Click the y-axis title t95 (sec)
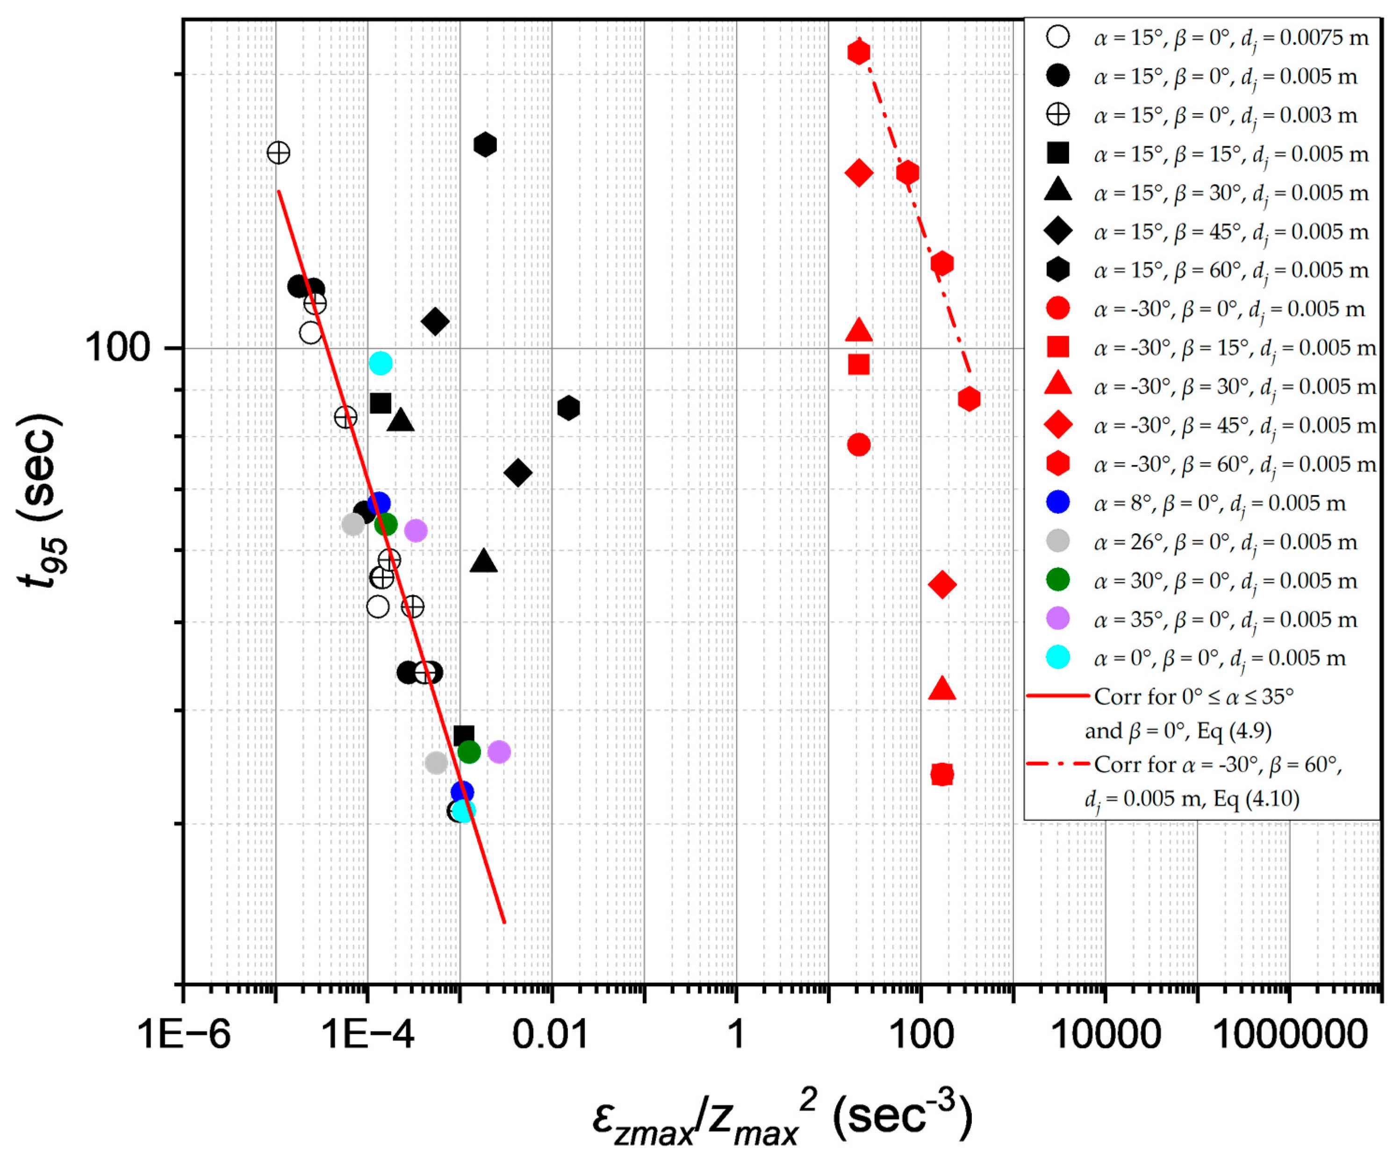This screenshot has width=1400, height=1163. (x=41, y=500)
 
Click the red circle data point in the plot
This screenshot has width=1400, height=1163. (x=859, y=445)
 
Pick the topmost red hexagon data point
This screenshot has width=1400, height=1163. (x=859, y=52)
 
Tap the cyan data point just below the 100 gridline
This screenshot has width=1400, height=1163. (x=381, y=363)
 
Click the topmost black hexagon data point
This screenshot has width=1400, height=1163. (x=485, y=144)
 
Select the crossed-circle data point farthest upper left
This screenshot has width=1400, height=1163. (x=279, y=153)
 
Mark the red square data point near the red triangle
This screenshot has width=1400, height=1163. (x=859, y=365)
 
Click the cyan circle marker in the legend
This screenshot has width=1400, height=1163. (x=1058, y=657)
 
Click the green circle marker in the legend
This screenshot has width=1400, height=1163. (x=1058, y=580)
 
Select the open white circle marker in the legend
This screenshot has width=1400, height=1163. (x=1058, y=36)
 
